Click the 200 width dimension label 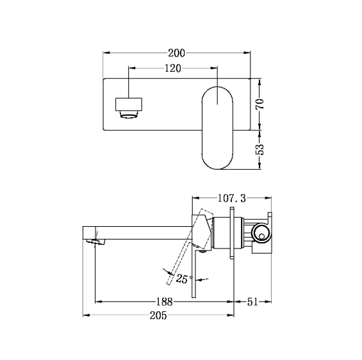(176, 53)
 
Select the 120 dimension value (173, 69)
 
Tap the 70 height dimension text (260, 104)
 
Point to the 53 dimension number (260, 149)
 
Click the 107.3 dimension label (232, 198)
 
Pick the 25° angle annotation (184, 279)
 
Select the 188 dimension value (165, 302)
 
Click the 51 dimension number (252, 302)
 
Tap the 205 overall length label (158, 315)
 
